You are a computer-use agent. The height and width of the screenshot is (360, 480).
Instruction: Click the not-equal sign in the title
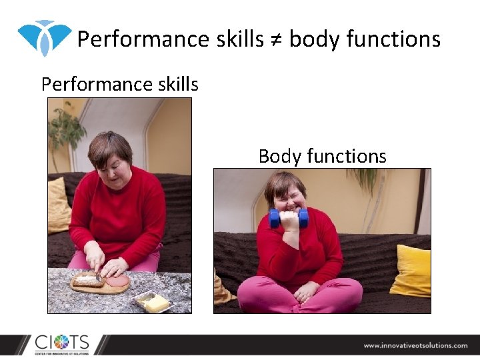pyautogui.click(x=276, y=40)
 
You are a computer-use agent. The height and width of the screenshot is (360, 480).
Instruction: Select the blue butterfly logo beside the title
pyautogui.click(x=44, y=37)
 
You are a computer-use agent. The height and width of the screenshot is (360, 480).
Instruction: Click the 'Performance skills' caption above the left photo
pyautogui.click(x=120, y=84)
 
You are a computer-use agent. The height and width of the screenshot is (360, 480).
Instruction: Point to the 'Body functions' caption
pyautogui.click(x=322, y=156)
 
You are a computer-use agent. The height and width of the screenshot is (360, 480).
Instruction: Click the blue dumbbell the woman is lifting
pyautogui.click(x=288, y=218)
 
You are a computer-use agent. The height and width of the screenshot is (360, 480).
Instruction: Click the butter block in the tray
pyautogui.click(x=155, y=303)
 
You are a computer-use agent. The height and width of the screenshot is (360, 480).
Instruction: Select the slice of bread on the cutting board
pyautogui.click(x=87, y=279)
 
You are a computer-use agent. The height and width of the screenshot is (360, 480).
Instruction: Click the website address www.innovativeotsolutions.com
pyautogui.click(x=415, y=345)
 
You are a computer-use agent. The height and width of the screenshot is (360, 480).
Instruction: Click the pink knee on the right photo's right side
pyautogui.click(x=344, y=293)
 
